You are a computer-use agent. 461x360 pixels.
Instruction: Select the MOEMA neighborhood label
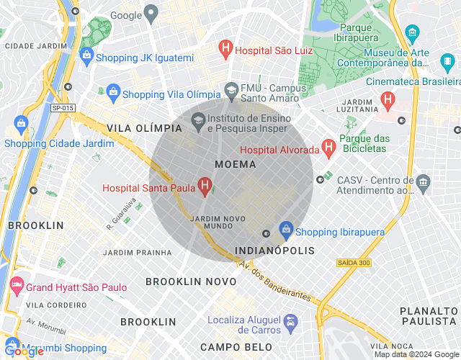point(236,164)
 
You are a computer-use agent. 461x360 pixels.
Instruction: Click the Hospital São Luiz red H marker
point(225,50)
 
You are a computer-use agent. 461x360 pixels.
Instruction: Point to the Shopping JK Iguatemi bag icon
point(86,56)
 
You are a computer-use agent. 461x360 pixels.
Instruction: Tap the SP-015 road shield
point(63,108)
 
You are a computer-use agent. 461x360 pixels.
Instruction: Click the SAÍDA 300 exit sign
point(354,263)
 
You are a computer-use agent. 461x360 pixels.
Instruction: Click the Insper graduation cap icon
point(198,120)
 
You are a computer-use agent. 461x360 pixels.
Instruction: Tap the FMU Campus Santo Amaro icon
point(231,91)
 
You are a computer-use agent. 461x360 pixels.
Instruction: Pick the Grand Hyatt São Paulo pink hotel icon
point(16,287)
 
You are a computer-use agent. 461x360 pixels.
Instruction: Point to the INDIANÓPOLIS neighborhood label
point(275,251)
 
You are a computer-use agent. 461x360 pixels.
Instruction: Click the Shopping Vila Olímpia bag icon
point(112,94)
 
